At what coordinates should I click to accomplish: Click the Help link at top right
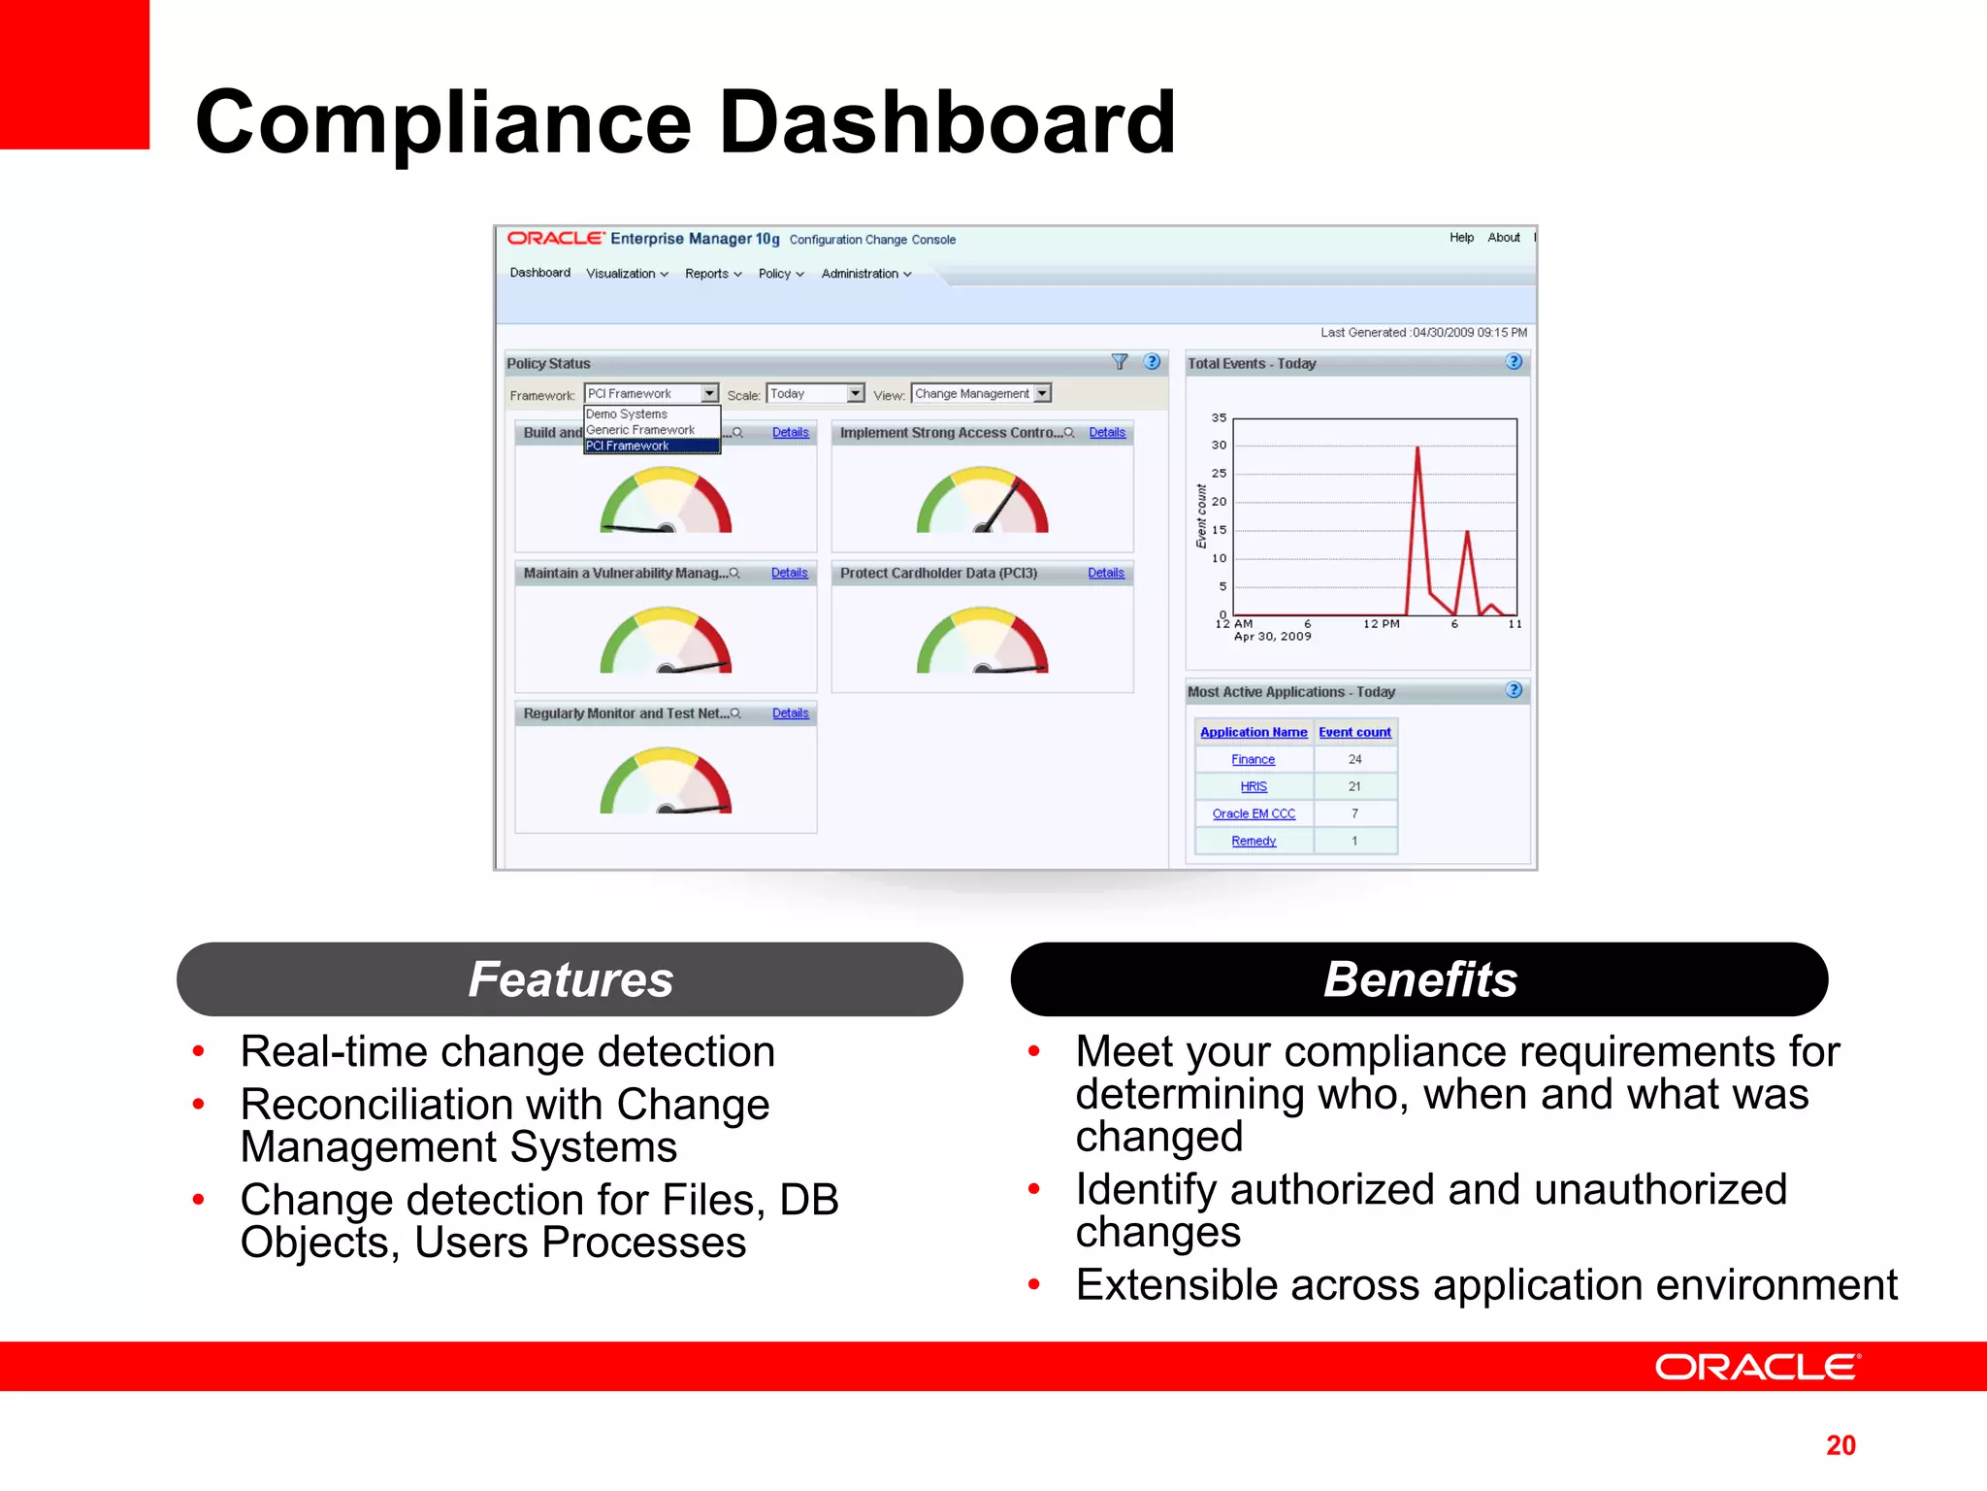pyautogui.click(x=1461, y=238)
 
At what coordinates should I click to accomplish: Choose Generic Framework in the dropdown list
pyautogui.click(x=640, y=430)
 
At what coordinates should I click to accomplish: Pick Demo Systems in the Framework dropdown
pyautogui.click(x=627, y=414)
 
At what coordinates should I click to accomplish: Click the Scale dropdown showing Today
pyautogui.click(x=815, y=394)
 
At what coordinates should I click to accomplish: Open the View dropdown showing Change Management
pyautogui.click(x=981, y=394)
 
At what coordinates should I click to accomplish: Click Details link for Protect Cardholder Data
pyautogui.click(x=1105, y=574)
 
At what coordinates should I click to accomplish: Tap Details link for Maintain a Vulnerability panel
pyautogui.click(x=789, y=574)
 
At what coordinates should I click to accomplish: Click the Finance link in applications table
pyautogui.click(x=1253, y=760)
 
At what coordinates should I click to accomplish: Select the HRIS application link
pyautogui.click(x=1254, y=787)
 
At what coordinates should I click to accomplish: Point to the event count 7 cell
pyautogui.click(x=1354, y=813)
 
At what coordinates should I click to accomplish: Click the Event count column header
pyautogui.click(x=1354, y=733)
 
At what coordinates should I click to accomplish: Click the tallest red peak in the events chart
pyautogui.click(x=1417, y=449)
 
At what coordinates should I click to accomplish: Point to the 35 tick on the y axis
pyautogui.click(x=1219, y=418)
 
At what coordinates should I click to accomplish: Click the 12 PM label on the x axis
pyautogui.click(x=1381, y=624)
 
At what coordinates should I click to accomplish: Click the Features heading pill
pyautogui.click(x=570, y=979)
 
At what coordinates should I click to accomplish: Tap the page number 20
pyautogui.click(x=1840, y=1445)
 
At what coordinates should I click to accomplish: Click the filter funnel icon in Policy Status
pyautogui.click(x=1120, y=362)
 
